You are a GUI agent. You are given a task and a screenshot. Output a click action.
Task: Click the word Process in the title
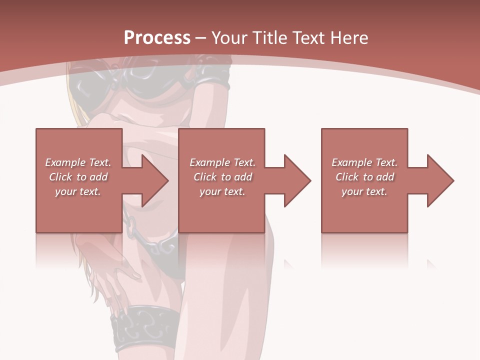[x=157, y=38]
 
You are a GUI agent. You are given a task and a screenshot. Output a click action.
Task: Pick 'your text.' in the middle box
[x=222, y=191]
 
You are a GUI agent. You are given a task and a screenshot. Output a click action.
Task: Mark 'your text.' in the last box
[x=364, y=191]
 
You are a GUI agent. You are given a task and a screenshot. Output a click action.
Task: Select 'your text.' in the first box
[x=77, y=191]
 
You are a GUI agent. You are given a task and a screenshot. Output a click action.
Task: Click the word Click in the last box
[x=347, y=177]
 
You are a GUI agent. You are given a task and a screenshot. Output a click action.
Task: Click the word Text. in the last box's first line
[x=386, y=162]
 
